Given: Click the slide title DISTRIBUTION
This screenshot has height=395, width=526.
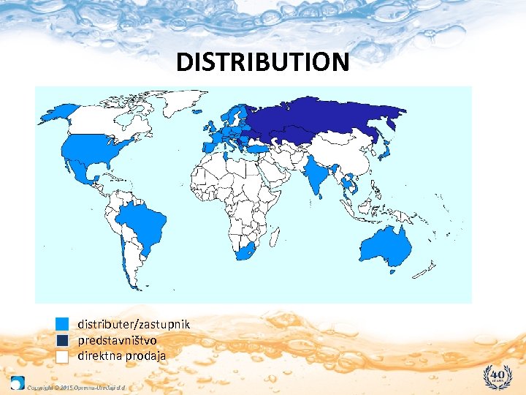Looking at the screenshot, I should pyautogui.click(x=263, y=62).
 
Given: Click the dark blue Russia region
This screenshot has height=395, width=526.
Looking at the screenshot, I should pyautogui.click(x=321, y=117).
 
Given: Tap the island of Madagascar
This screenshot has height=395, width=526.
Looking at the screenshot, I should pyautogui.click(x=276, y=238).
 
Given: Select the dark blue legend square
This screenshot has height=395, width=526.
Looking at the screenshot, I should pyautogui.click(x=62, y=340).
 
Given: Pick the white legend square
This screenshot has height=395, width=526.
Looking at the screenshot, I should pyautogui.click(x=62, y=356).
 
